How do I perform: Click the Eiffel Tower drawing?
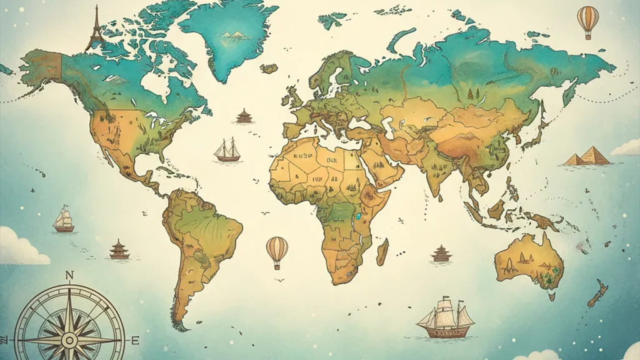(96, 27)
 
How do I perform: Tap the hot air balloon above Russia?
(587, 20)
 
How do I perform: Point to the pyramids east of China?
(587, 156)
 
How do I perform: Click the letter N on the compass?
(69, 276)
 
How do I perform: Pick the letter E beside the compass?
(134, 340)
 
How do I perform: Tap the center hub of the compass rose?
(69, 340)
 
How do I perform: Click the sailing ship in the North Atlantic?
(227, 150)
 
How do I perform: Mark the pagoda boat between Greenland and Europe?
(244, 116)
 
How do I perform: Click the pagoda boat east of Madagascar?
(441, 253)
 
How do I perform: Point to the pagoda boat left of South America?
(119, 249)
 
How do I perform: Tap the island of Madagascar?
(382, 251)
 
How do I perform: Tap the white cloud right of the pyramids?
(626, 149)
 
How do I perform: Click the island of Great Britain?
(292, 97)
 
